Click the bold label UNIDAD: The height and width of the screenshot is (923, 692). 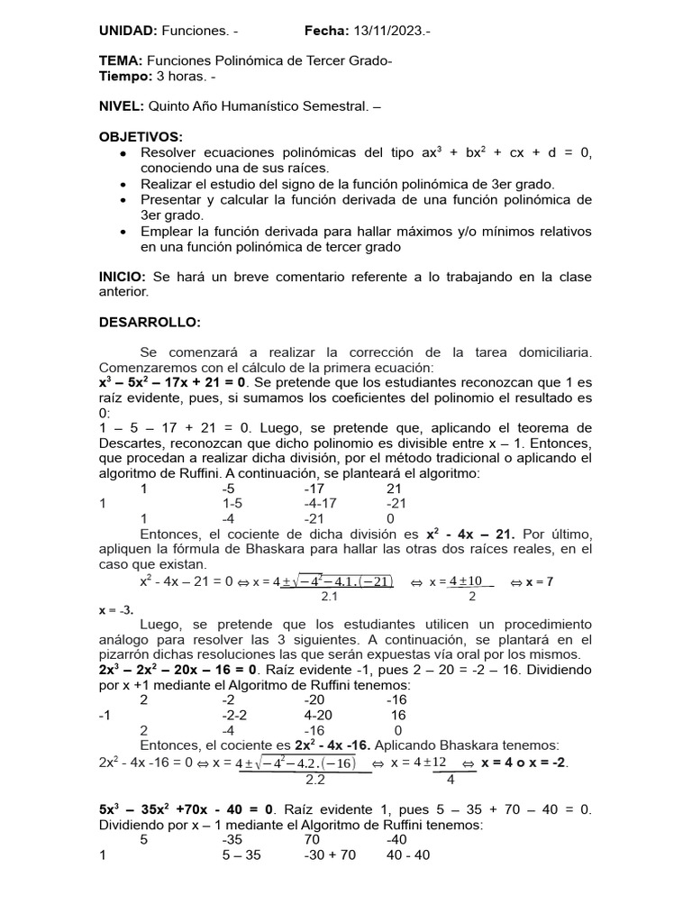coord(130,32)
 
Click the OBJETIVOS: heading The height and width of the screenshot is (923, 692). coord(140,137)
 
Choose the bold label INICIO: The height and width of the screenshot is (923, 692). coord(123,277)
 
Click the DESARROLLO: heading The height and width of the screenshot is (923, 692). coord(149,322)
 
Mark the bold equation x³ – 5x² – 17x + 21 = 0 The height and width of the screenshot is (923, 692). coord(171,381)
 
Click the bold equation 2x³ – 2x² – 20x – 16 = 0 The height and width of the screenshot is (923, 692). coord(178,670)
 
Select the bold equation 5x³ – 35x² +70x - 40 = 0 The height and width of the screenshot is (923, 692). coord(188,809)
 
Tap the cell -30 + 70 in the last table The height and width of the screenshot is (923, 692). coord(333,855)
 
